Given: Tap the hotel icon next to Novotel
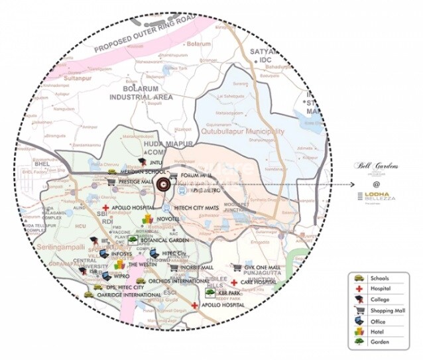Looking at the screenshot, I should point(148,219).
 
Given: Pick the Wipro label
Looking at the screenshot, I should point(121,274).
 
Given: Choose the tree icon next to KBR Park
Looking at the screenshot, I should point(210,292).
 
